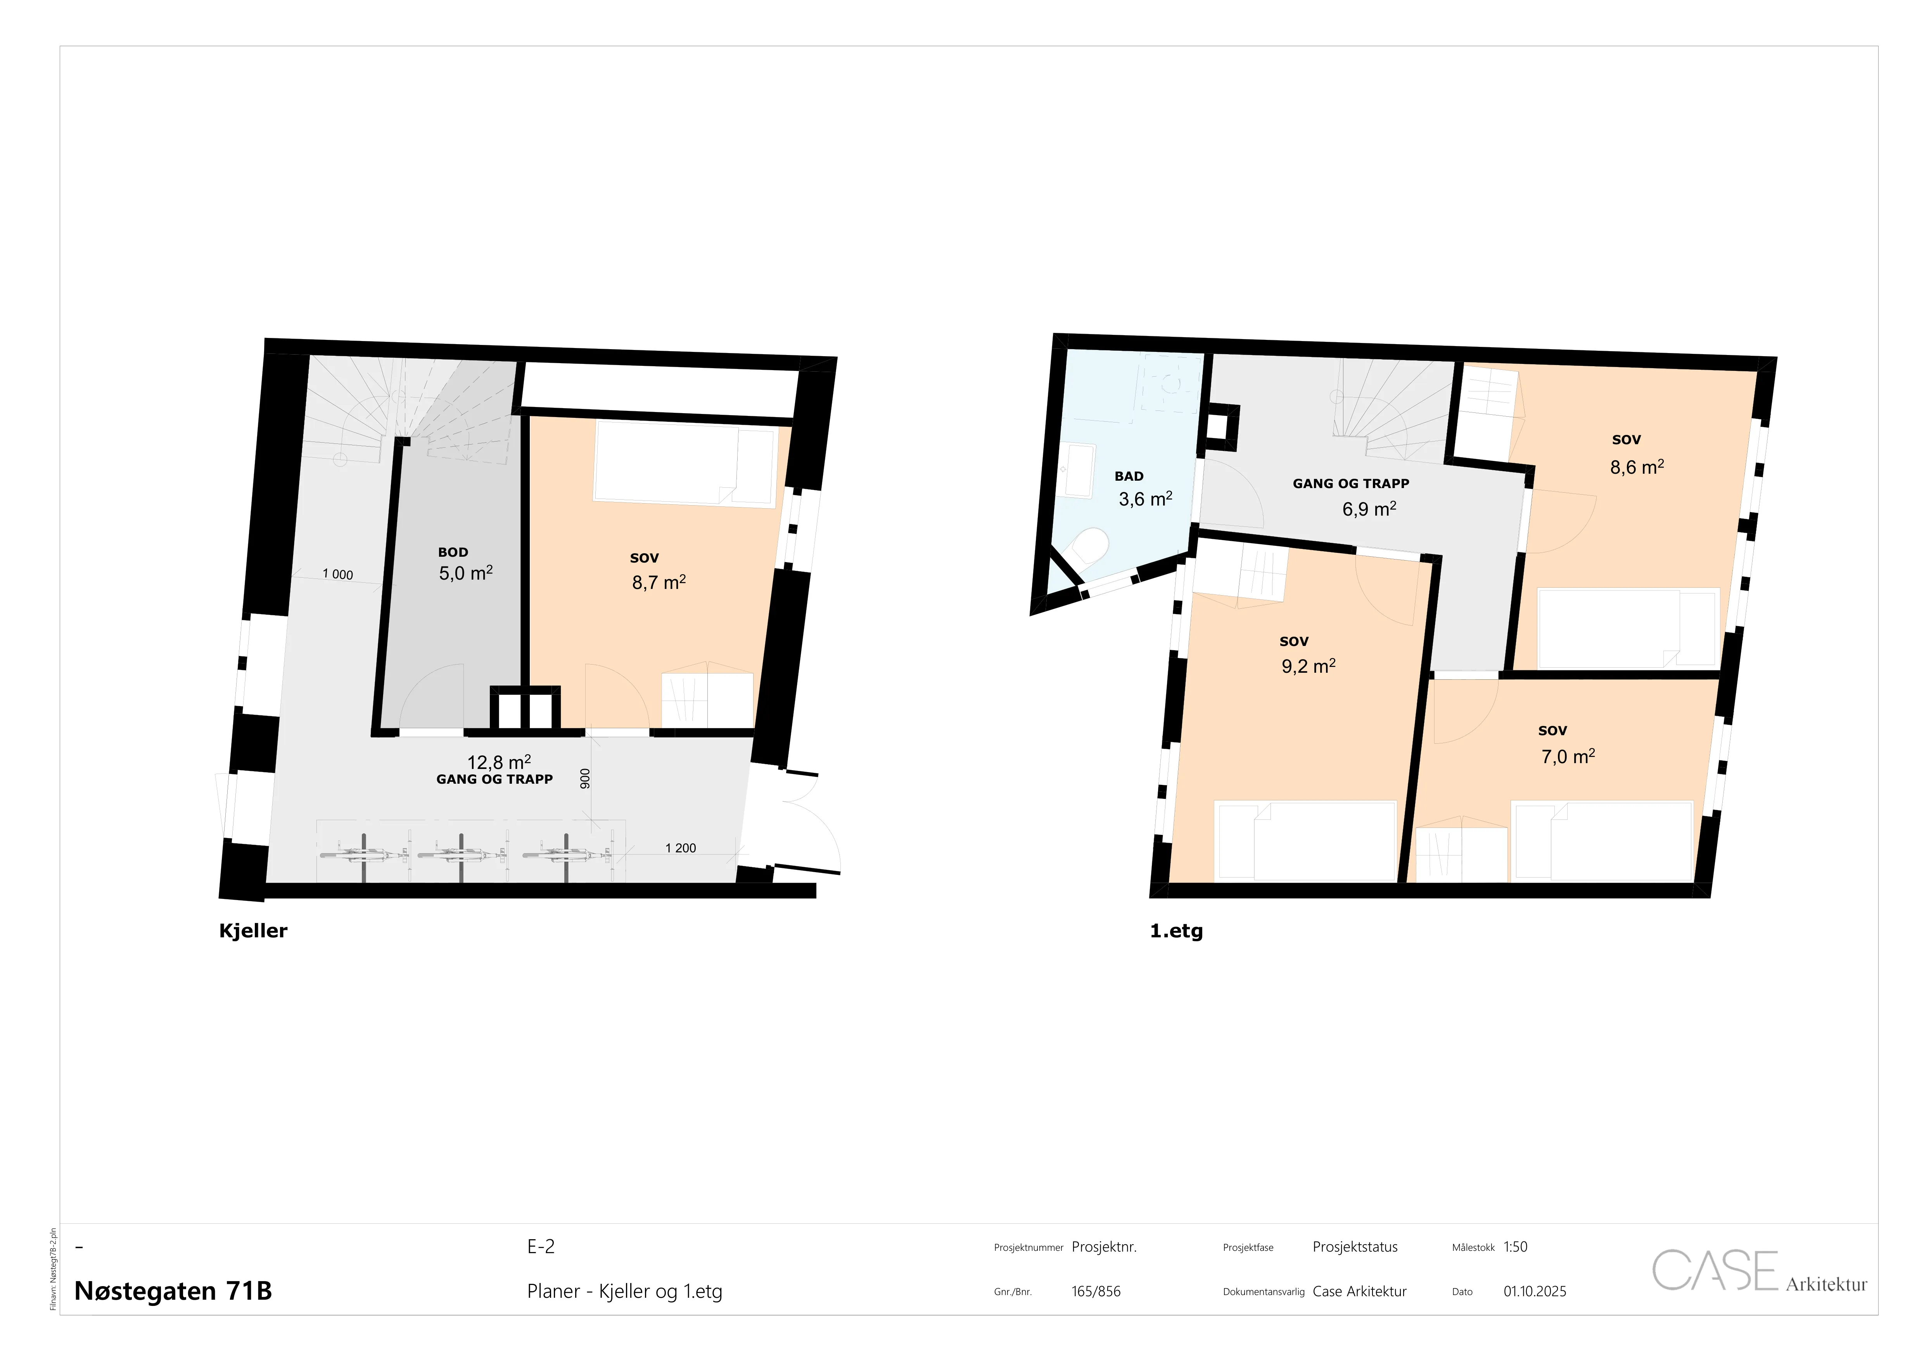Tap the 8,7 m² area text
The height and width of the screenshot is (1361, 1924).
click(659, 582)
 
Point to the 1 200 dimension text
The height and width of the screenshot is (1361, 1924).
click(680, 848)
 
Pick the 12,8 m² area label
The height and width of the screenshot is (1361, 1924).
click(499, 762)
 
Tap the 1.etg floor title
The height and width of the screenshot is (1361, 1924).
click(1177, 931)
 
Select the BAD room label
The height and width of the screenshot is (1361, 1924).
click(1129, 476)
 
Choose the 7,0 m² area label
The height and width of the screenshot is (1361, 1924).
click(1568, 756)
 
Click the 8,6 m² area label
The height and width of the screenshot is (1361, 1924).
click(1637, 467)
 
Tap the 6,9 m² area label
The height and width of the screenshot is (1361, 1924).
click(1369, 509)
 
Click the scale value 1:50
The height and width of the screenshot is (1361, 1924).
click(1515, 1247)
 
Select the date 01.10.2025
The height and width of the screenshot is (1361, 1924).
click(1534, 1292)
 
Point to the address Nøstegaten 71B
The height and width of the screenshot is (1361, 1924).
click(173, 1291)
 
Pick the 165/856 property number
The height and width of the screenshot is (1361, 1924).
click(1095, 1292)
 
